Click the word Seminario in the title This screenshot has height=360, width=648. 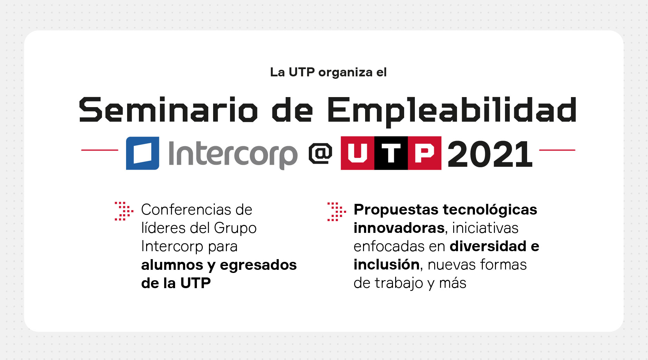point(168,110)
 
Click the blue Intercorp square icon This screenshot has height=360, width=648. point(142,153)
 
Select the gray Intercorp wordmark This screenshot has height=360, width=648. point(233,154)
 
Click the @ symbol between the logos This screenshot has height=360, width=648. point(320,153)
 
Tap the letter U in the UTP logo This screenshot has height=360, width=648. point(357,153)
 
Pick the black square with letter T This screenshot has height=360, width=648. point(391,153)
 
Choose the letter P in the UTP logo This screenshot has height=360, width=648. point(424,153)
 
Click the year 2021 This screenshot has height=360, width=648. point(490,154)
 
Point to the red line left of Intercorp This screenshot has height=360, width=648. point(99,150)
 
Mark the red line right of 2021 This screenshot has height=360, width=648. point(557,150)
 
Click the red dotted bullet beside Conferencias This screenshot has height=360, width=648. point(123,211)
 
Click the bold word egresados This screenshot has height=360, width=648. point(258,265)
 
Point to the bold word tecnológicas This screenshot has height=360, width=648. point(490,210)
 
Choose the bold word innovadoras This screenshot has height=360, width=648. point(399,228)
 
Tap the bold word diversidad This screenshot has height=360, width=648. point(488,246)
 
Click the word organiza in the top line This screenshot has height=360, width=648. point(345,73)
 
